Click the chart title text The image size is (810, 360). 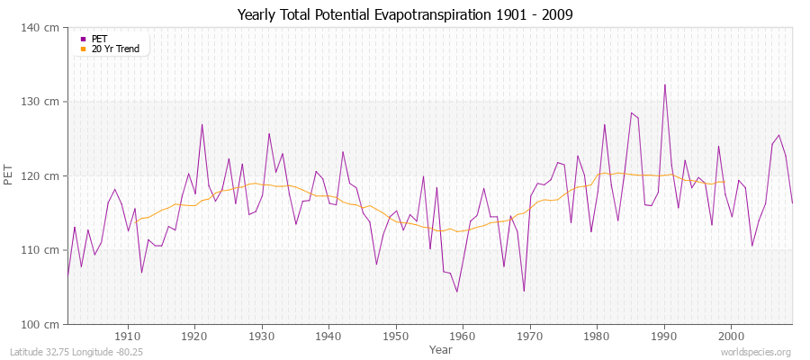404,14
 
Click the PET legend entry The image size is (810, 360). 99,39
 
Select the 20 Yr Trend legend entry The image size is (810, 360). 115,49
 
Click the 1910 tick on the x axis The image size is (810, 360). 128,336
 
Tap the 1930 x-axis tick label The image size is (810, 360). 262,336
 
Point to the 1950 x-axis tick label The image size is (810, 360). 395,336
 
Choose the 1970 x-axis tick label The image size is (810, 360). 529,336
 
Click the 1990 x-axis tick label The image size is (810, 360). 663,336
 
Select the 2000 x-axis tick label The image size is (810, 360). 730,336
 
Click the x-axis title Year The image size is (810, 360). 441,348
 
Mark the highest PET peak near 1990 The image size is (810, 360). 664,85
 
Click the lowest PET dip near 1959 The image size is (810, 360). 457,292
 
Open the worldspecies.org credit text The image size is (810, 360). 756,353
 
